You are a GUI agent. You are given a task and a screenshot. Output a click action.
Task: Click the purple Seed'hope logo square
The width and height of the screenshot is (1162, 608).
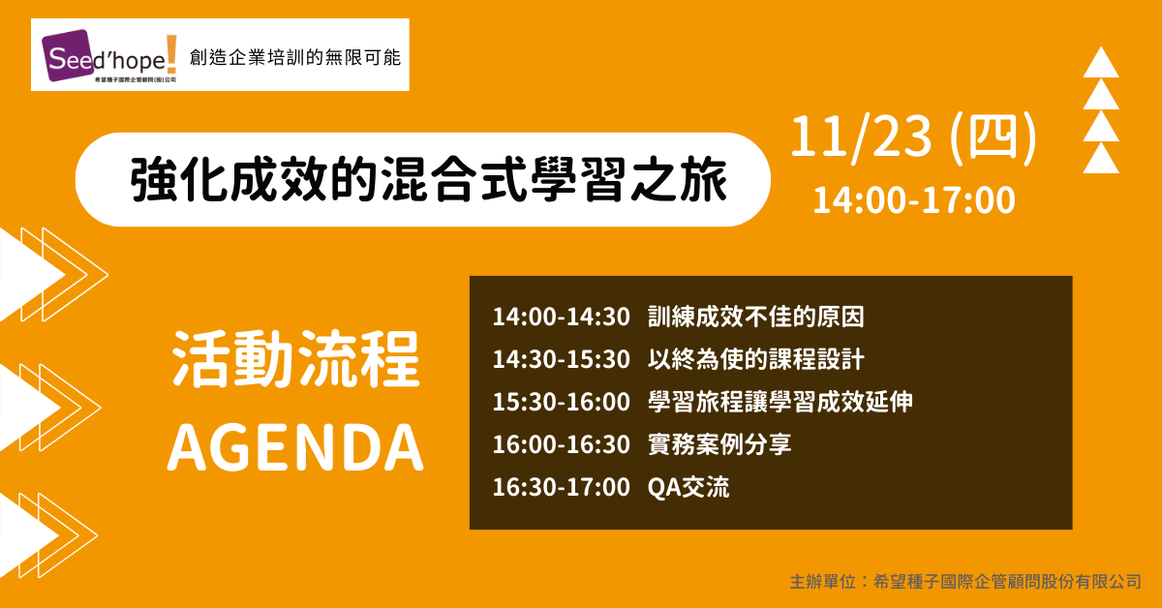[69, 55]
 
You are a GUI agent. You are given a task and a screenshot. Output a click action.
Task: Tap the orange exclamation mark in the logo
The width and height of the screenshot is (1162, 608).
[171, 54]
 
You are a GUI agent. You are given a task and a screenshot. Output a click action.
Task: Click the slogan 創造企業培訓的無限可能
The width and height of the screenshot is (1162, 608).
[295, 57]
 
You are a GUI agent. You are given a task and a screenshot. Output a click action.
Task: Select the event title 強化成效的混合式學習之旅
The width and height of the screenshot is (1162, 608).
[428, 179]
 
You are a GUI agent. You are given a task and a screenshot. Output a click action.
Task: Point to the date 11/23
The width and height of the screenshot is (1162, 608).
[861, 137]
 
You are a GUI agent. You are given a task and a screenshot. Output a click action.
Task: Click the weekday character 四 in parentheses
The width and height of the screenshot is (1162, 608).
[993, 137]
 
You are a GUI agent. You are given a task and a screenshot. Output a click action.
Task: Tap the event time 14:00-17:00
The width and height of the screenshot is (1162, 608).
[913, 200]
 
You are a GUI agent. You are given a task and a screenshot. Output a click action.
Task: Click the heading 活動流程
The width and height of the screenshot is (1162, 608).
[295, 358]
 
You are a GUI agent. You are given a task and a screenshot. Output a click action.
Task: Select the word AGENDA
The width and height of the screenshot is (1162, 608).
[295, 447]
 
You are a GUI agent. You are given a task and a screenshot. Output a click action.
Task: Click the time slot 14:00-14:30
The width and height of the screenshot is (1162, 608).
[561, 317]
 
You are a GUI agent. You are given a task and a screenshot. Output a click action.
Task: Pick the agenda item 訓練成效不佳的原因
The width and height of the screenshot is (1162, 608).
[756, 317]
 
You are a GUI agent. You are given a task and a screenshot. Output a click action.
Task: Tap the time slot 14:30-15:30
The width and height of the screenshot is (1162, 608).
[561, 359]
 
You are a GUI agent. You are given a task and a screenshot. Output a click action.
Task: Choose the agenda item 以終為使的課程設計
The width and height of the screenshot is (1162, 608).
[756, 359]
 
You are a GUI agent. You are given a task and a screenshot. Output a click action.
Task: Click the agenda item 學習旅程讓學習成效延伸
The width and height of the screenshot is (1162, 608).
[780, 402]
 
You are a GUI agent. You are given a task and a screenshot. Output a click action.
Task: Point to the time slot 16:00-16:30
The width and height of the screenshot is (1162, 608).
[561, 444]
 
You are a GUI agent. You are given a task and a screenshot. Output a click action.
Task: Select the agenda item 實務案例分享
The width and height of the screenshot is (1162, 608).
[719, 444]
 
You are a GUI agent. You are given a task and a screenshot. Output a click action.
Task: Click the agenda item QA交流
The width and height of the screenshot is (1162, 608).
[688, 487]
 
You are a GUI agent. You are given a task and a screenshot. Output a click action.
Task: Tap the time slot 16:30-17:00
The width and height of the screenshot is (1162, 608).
[561, 487]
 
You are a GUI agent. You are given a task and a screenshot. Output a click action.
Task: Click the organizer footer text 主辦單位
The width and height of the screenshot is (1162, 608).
[823, 582]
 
